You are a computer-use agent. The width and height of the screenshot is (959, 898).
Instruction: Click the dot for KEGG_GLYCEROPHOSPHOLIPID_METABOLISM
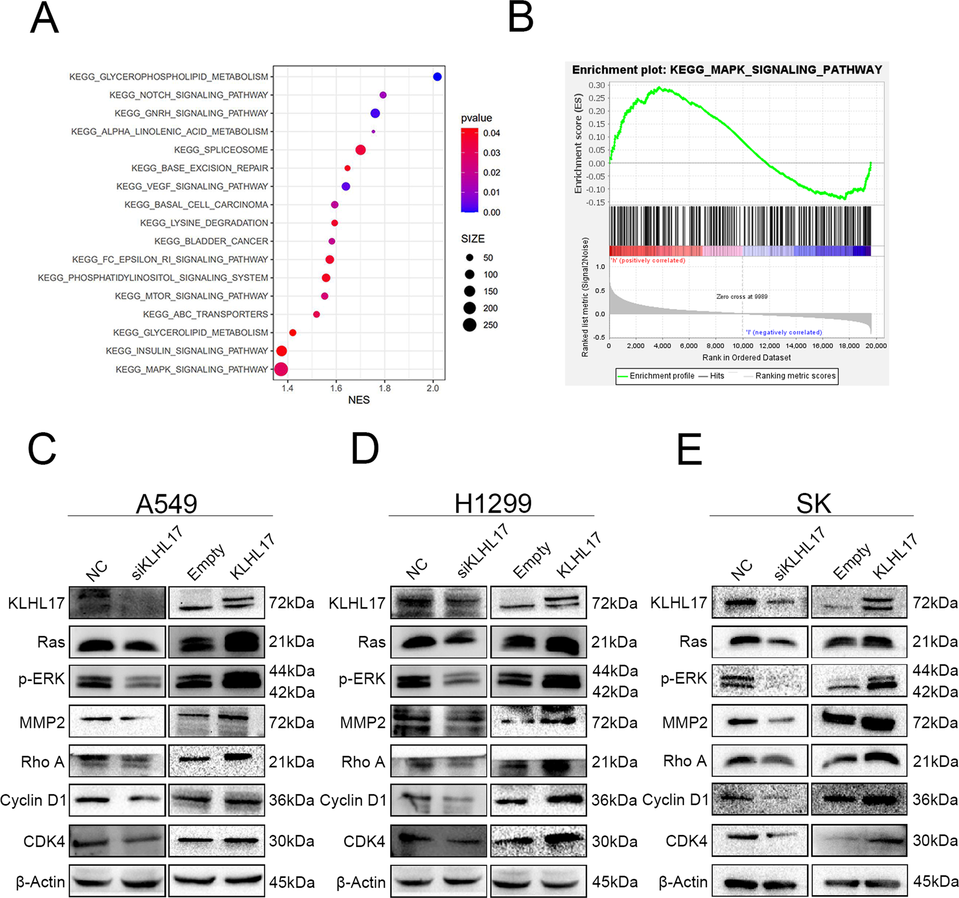pyautogui.click(x=437, y=77)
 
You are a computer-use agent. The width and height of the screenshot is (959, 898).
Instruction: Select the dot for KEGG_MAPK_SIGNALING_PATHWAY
pyautogui.click(x=281, y=370)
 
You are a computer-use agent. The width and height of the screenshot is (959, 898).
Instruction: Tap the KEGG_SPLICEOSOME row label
pyautogui.click(x=220, y=150)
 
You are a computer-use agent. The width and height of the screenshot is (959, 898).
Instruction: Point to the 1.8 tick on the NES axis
pyautogui.click(x=385, y=388)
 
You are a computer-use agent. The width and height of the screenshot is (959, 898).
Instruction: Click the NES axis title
pyautogui.click(x=359, y=400)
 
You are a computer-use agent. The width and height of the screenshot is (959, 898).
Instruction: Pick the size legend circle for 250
pyautogui.click(x=469, y=325)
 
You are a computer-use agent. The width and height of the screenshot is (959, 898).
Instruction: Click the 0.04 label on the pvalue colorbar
pyautogui.click(x=491, y=133)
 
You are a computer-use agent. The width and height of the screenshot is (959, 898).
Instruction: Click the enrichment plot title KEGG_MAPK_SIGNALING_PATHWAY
pyautogui.click(x=727, y=70)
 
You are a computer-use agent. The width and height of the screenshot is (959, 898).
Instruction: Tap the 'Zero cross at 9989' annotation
pyautogui.click(x=742, y=297)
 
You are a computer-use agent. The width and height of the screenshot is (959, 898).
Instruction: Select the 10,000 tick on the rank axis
pyautogui.click(x=743, y=346)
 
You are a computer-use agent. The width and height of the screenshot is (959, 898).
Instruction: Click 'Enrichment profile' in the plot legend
pyautogui.click(x=661, y=376)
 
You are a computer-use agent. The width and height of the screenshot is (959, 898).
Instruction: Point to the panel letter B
pyautogui.click(x=520, y=18)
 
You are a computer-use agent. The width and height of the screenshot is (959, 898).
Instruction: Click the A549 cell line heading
pyautogui.click(x=166, y=504)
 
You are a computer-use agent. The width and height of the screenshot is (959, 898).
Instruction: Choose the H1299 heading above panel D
pyautogui.click(x=493, y=504)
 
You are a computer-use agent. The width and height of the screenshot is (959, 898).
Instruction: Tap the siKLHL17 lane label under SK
pyautogui.click(x=799, y=553)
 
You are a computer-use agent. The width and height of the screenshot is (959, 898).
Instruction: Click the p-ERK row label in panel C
pyautogui.click(x=41, y=679)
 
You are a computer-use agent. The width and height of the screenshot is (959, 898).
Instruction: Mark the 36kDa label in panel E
pyautogui.click(x=935, y=800)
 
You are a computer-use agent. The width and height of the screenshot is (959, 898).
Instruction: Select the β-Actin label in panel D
pyautogui.click(x=361, y=882)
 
